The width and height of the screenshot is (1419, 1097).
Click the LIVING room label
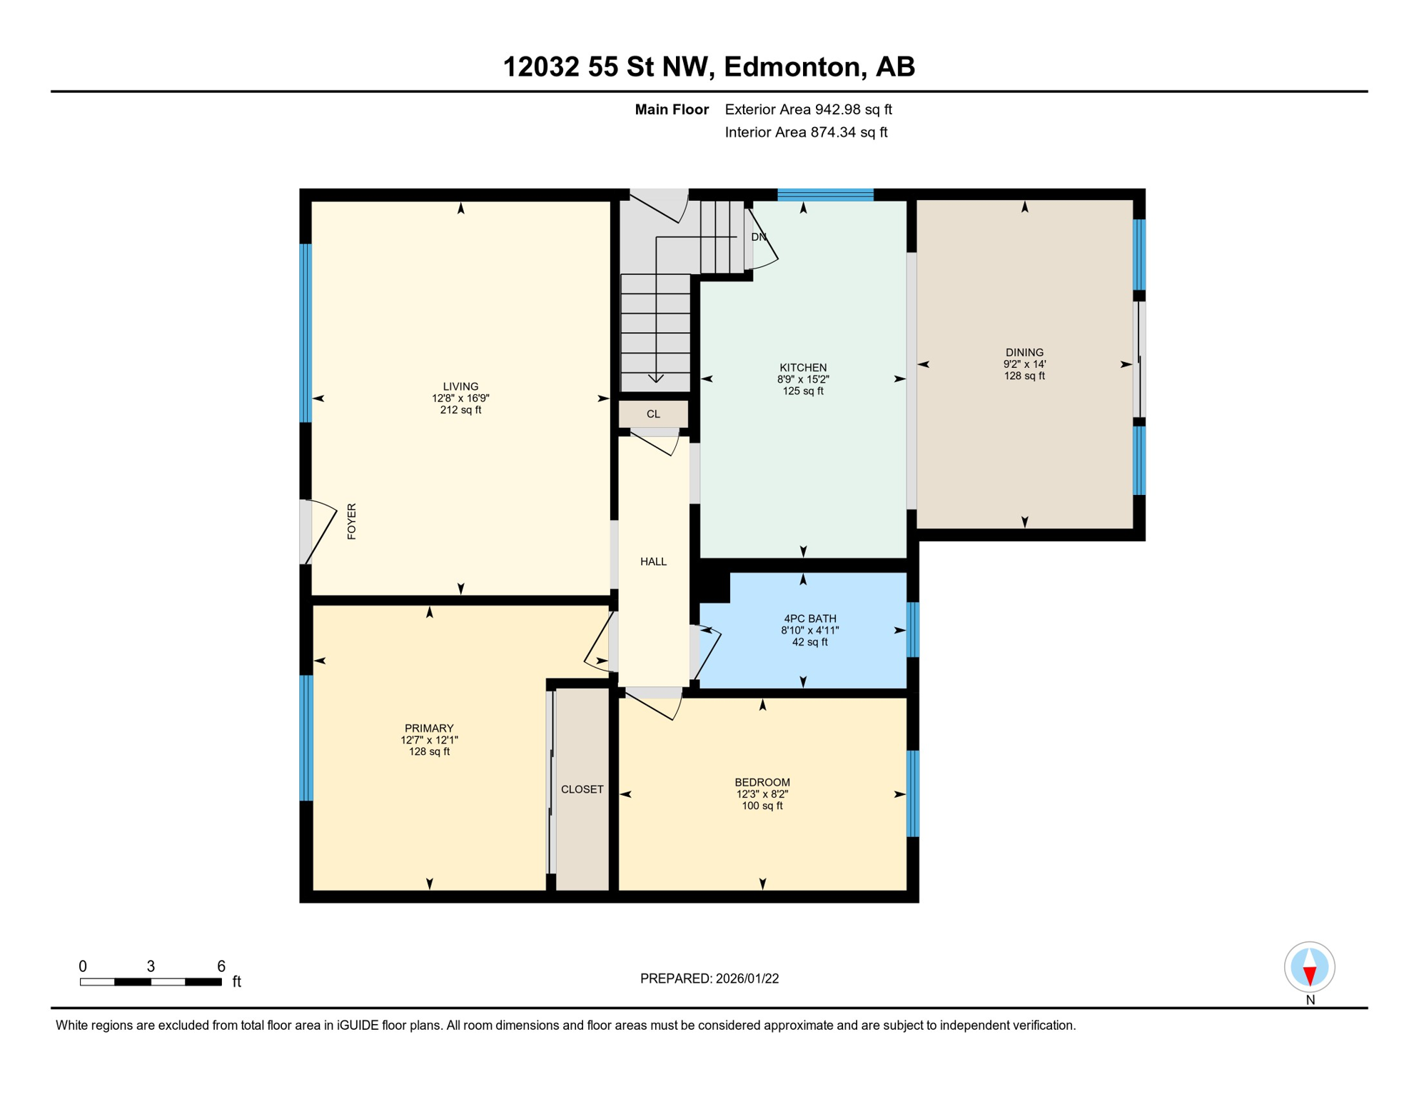(460, 386)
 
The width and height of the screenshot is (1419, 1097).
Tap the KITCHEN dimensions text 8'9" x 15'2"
(803, 379)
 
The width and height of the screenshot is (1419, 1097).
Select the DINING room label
(1024, 352)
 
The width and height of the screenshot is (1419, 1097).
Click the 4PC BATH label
(809, 618)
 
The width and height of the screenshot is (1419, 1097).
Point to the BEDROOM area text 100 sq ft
(762, 806)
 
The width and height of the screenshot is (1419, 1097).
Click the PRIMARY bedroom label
(429, 728)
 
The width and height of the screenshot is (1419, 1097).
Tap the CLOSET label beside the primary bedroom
(582, 789)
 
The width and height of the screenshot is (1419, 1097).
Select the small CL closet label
(653, 414)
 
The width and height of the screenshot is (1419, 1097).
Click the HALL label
(653, 562)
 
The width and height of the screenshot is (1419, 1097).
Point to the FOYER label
(351, 521)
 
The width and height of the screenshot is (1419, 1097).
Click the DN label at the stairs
(758, 237)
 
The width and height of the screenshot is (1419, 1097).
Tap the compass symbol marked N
(1309, 967)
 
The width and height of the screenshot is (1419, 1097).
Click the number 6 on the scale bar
(221, 966)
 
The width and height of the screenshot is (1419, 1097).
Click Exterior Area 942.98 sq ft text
(808, 109)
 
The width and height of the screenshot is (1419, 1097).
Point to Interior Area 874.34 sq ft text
(806, 132)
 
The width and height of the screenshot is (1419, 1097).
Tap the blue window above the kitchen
(825, 194)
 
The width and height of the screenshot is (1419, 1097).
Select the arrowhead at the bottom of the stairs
(655, 379)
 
